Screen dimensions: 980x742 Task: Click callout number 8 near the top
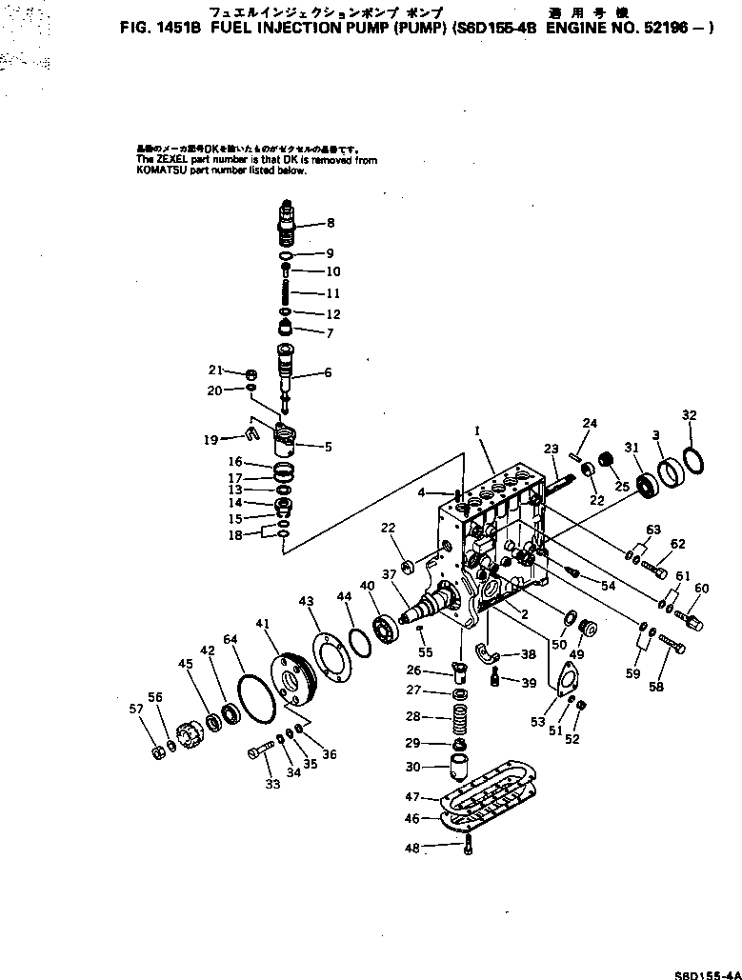[x=331, y=224]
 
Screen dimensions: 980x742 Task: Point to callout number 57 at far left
[x=136, y=709]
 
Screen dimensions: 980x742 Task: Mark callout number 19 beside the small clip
[x=210, y=439]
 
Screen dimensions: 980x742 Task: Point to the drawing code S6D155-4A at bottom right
[x=707, y=974]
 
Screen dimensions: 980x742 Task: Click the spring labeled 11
[x=291, y=293]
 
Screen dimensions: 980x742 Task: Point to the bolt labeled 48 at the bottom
[x=469, y=848]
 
